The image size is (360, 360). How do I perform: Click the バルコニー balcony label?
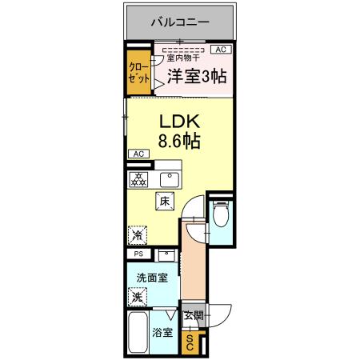coord(180,22)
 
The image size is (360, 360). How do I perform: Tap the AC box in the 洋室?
coord(218,50)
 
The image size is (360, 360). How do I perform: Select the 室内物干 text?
coord(182,57)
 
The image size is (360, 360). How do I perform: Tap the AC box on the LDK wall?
coord(137,154)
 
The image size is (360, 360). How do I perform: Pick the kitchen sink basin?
coord(170,178)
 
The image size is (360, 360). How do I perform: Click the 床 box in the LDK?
coord(165,203)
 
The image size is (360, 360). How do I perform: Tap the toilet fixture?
coord(220,214)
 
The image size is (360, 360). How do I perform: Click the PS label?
coord(137,255)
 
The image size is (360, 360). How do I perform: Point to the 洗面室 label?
coord(150,278)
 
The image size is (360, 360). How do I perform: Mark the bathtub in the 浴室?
coord(138,336)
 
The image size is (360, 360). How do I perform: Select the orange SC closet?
coord(190,343)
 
